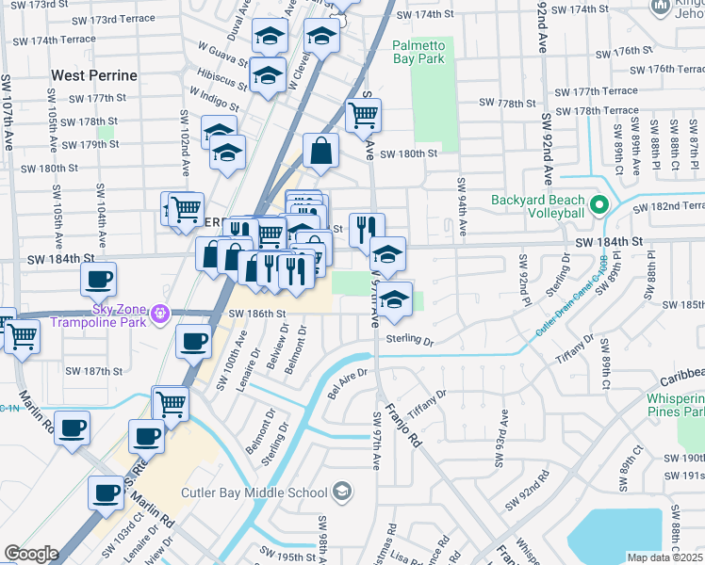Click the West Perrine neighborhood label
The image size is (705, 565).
click(x=94, y=74)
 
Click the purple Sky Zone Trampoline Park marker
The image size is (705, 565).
click(x=160, y=312)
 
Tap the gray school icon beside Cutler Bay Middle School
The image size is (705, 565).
click(x=342, y=492)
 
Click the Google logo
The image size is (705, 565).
click(x=31, y=554)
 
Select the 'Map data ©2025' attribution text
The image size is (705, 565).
click(x=664, y=557)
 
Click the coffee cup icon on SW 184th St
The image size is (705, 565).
click(x=98, y=278)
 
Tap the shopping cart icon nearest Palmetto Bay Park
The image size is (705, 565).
click(x=363, y=116)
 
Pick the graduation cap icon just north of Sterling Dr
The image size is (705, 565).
click(x=395, y=298)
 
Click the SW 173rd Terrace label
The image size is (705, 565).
click(x=139, y=19)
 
